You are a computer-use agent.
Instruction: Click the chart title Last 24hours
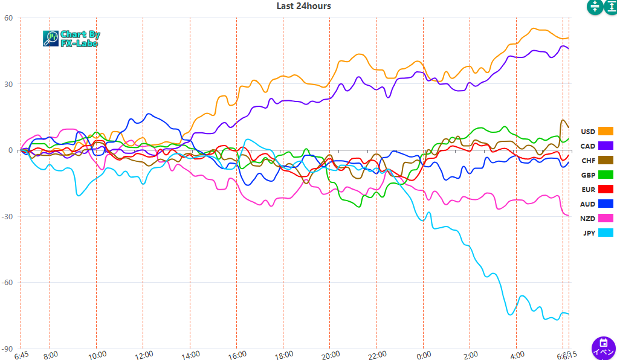[303, 6]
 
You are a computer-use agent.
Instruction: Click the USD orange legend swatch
[606, 132]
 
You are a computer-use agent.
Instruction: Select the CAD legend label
[587, 146]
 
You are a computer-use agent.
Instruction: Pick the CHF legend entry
[587, 161]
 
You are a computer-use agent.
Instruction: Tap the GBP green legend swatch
[606, 175]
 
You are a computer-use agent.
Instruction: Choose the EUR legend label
[587, 190]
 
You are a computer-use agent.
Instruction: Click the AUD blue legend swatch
[606, 204]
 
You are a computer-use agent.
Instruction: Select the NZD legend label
[587, 219]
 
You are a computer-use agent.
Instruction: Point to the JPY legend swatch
[606, 233]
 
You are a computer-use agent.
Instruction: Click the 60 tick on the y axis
[8, 18]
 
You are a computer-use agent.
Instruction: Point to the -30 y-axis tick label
[7, 217]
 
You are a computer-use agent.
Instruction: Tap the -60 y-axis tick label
[7, 283]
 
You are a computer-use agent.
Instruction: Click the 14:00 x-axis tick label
[190, 355]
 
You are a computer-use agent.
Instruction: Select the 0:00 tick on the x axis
[423, 355]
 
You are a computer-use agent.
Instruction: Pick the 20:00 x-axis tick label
[330, 355]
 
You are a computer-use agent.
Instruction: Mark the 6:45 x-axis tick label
[21, 355]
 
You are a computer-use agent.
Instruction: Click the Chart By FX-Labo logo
[71, 39]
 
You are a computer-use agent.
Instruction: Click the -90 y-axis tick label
[7, 349]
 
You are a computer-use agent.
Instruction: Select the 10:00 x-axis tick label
[97, 355]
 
